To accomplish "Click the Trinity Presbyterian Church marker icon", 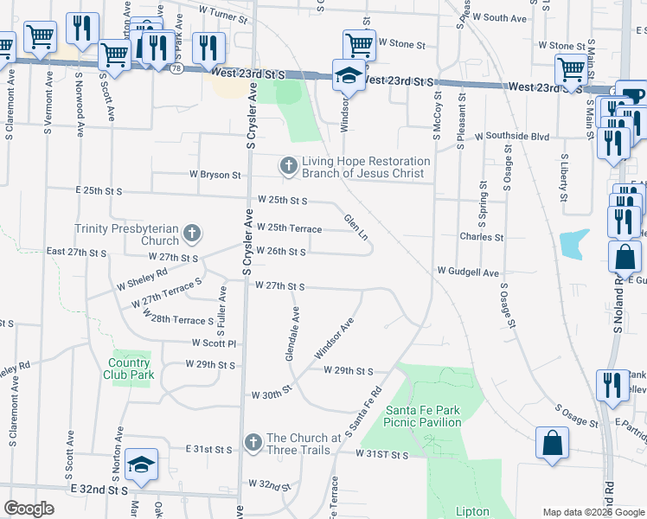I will click(192, 233).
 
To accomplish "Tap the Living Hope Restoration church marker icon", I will click(288, 164).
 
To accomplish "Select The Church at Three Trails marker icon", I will click(253, 443).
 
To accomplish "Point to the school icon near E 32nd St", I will click(141, 465).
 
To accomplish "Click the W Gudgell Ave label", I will click(468, 272).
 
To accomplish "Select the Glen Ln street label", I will click(356, 227).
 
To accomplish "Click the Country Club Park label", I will click(131, 368).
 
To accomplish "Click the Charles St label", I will click(482, 236).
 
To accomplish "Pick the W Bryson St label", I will click(215, 174).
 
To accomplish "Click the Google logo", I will click(29, 509).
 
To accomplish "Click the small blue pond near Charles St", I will click(575, 243).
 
